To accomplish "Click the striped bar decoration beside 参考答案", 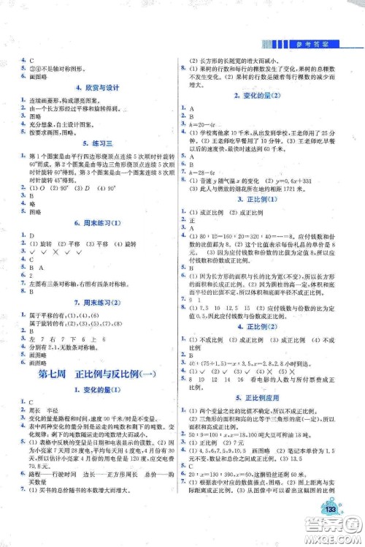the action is click(x=287, y=44).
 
